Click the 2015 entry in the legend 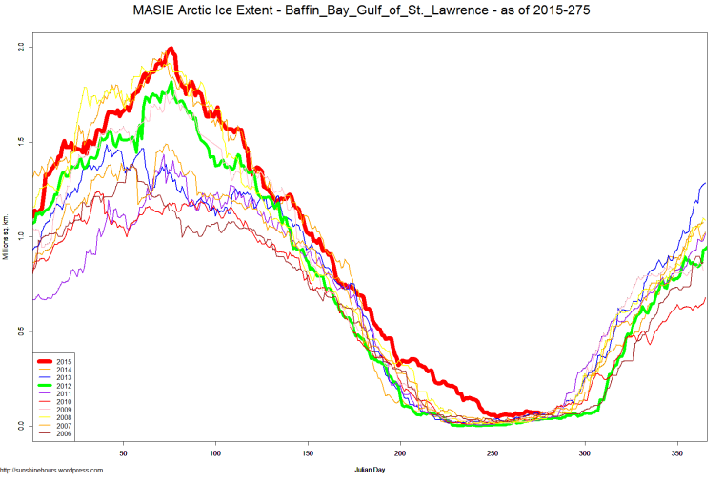65,362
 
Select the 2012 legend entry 65,385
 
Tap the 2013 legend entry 65,377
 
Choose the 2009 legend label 65,409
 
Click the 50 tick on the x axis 123,452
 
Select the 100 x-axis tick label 215,452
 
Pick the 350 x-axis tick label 677,452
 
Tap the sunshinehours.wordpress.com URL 51,470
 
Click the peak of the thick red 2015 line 171,49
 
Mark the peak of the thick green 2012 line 171,84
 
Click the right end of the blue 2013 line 706,183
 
